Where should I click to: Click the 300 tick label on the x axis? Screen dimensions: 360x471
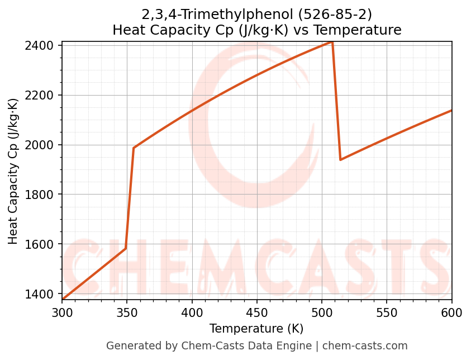pyautogui.click(x=62, y=313)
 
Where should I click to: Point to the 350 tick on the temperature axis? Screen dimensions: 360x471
pyautogui.click(x=127, y=313)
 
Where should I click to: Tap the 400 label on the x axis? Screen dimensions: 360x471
pyautogui.click(x=192, y=313)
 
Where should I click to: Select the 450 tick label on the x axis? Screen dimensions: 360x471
pyautogui.click(x=257, y=313)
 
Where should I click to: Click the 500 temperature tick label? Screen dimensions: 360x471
pyautogui.click(x=322, y=313)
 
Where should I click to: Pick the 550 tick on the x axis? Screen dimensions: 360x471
pyautogui.click(x=387, y=313)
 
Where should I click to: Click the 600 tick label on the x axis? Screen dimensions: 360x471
pyautogui.click(x=451, y=313)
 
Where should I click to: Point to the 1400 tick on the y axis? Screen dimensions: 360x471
pyautogui.click(x=43, y=294)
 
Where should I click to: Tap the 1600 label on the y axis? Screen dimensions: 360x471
pyautogui.click(x=43, y=244)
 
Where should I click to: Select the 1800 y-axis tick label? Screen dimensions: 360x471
pyautogui.click(x=43, y=195)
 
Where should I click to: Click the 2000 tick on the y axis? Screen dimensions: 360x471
pyautogui.click(x=43, y=145)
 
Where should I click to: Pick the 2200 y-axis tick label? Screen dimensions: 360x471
pyautogui.click(x=43, y=95)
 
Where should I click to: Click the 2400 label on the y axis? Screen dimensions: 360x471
pyautogui.click(x=43, y=45)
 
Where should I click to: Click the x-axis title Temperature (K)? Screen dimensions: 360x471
pyautogui.click(x=256, y=329)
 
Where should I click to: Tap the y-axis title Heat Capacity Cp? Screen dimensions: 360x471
pyautogui.click(x=13, y=171)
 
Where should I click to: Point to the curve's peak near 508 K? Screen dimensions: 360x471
pyautogui.click(x=332, y=42)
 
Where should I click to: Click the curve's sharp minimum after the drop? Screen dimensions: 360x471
pyautogui.click(x=340, y=159)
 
